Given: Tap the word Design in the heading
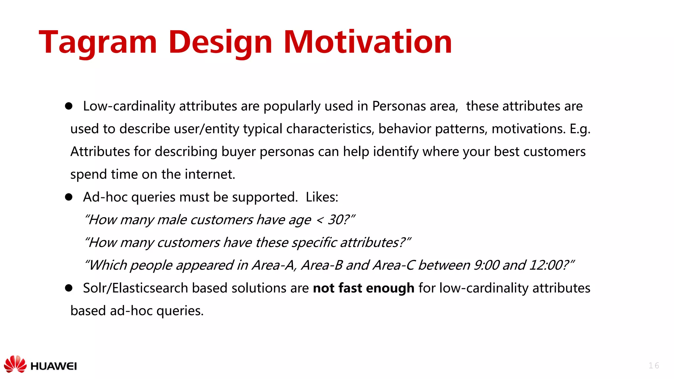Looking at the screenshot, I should tap(220, 43).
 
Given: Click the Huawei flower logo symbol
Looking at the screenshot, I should tap(15, 364).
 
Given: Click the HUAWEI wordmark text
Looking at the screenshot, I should tap(53, 366).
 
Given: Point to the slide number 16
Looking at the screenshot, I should tap(654, 366).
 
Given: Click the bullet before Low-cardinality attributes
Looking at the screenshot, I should tap(68, 106).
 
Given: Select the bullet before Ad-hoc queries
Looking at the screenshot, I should tap(68, 197).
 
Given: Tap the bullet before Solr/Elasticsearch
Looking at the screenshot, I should tap(68, 288).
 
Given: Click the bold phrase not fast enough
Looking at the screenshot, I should tap(363, 288).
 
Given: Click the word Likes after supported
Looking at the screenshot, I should tap(321, 197).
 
